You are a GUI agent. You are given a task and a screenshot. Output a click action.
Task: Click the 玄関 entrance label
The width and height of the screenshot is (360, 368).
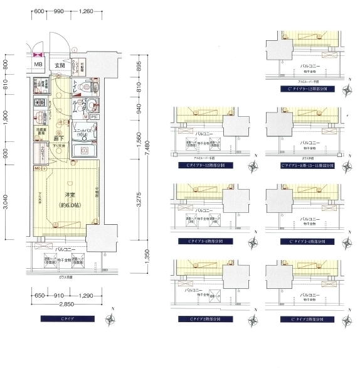(x=59, y=65)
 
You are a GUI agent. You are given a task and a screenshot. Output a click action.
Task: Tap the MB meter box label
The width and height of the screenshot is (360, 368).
(x=38, y=64)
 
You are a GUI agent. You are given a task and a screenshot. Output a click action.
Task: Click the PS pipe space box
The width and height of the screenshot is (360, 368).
(x=93, y=116)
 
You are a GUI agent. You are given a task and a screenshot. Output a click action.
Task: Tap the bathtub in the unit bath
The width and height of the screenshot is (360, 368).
(x=82, y=151)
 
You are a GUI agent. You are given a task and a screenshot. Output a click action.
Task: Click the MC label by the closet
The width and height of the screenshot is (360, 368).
(x=37, y=169)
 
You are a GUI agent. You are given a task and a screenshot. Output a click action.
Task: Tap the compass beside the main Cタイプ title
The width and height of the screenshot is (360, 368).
(x=110, y=319)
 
